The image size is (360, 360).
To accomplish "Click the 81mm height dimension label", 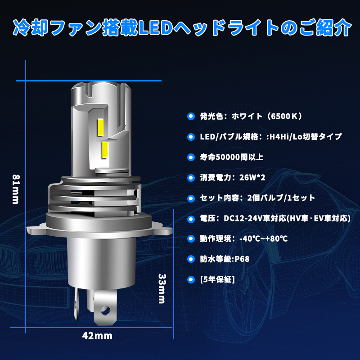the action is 16,189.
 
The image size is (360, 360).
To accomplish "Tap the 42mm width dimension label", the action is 97,336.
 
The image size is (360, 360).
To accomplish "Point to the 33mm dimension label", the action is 162,288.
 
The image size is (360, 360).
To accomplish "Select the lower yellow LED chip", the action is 105,149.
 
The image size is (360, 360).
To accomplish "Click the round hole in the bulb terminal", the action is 105,310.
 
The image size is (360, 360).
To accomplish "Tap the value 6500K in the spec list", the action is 284,116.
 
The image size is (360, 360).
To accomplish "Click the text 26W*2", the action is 252,177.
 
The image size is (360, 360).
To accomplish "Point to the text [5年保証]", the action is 217,279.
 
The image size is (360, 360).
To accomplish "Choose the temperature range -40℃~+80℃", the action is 263,238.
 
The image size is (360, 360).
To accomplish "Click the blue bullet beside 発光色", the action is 191,117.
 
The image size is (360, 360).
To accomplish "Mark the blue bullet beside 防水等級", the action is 191,259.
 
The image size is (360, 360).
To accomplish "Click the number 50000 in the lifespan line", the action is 227,157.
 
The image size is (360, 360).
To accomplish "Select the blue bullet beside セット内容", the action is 191,198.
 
